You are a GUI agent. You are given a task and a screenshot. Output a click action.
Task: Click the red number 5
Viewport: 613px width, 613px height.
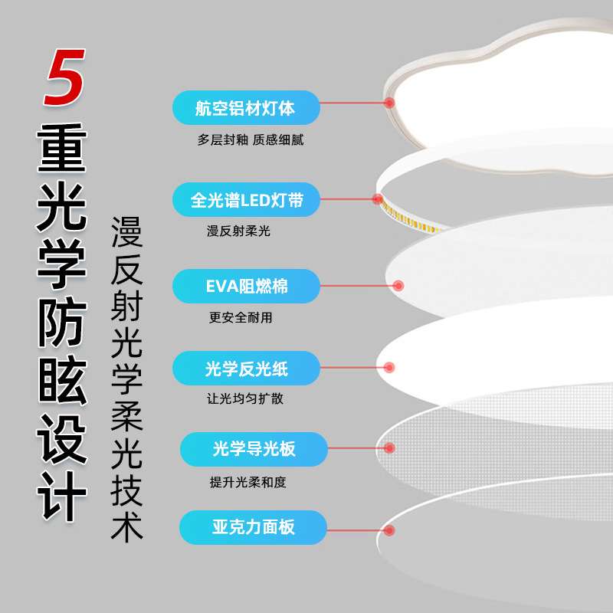(x=64, y=77)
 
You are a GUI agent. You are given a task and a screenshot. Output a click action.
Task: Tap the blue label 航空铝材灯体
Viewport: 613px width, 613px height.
(x=246, y=108)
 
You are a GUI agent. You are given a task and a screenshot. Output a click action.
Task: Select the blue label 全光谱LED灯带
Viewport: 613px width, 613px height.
(x=246, y=200)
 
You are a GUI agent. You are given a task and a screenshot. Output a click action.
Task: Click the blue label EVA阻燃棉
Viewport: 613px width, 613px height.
(x=246, y=286)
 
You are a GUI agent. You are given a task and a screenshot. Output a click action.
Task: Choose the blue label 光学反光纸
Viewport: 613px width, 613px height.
(x=246, y=369)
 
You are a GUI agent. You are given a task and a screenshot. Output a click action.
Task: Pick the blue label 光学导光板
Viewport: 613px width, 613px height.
(x=254, y=449)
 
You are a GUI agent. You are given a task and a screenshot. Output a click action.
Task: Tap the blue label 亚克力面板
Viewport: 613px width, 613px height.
(x=253, y=527)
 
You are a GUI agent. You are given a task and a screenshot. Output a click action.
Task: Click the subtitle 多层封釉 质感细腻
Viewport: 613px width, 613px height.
(x=251, y=139)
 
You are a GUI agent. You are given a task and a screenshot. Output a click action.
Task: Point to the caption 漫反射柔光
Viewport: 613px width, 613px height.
(x=238, y=231)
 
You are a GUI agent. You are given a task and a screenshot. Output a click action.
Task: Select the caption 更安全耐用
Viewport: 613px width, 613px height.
(x=241, y=317)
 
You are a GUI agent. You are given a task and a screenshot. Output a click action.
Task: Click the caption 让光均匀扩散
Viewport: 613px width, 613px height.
(x=245, y=398)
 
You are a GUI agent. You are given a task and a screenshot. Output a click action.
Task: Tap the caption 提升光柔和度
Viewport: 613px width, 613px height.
(x=247, y=482)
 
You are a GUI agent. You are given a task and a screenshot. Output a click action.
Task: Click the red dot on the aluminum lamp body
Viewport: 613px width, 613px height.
(x=389, y=103)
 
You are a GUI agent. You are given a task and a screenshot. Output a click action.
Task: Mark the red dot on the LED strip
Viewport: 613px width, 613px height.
(x=378, y=199)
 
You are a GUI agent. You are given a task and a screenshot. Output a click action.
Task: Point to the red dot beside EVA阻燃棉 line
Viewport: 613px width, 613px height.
(x=398, y=286)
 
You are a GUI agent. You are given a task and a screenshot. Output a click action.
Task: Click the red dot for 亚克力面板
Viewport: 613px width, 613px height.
(x=389, y=530)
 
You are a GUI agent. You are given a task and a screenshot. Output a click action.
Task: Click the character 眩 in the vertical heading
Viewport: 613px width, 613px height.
(x=62, y=382)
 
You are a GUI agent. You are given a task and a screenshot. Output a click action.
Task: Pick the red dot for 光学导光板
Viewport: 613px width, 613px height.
(x=389, y=448)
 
